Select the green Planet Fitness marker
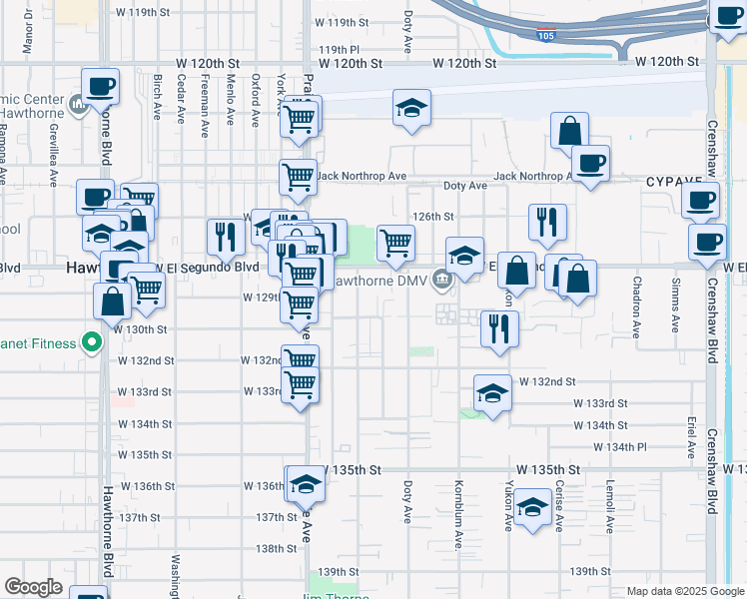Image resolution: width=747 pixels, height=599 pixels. point(93,343)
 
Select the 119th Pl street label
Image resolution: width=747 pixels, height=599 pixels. point(339,48)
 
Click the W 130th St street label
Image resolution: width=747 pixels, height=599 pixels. point(142,328)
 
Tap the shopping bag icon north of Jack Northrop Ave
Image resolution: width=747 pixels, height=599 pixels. point(569,130)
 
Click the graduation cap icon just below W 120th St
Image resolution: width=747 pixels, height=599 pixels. point(410,109)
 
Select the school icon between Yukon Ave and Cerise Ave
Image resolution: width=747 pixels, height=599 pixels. point(533,509)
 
